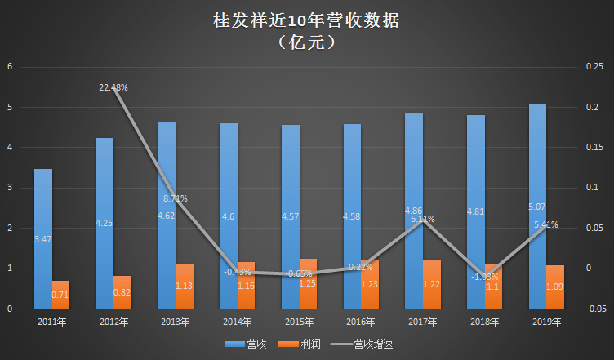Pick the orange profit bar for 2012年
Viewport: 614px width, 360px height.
[x=122, y=291]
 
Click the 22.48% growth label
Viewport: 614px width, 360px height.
[x=113, y=87]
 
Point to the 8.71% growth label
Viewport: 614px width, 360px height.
[x=175, y=198]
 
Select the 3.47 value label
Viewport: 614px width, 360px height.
[x=42, y=238]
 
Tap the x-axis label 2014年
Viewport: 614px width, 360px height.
[x=237, y=322]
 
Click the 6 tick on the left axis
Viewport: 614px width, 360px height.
[x=11, y=67]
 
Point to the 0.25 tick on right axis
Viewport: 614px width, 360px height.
[x=594, y=67]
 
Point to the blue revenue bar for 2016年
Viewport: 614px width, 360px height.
[x=352, y=216]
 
